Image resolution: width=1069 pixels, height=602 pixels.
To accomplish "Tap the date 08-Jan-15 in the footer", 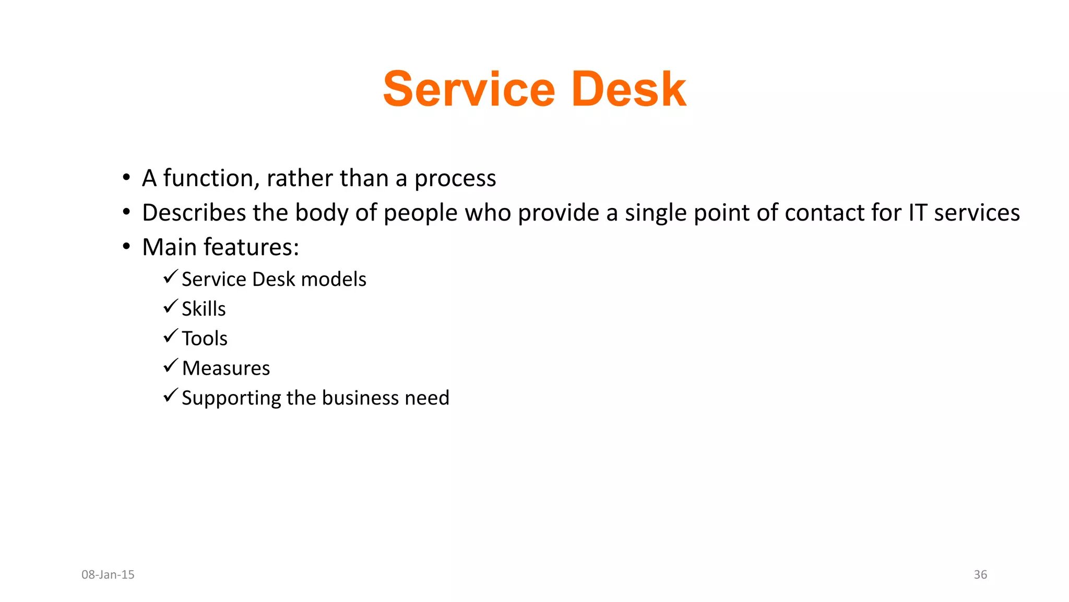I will (x=108, y=575).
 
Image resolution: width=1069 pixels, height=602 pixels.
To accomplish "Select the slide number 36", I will (x=980, y=575).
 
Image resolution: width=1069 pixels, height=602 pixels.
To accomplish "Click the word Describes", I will (x=194, y=213).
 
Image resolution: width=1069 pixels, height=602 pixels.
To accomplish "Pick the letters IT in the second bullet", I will (x=918, y=213).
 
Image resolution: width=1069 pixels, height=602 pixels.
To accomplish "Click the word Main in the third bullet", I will (x=169, y=247).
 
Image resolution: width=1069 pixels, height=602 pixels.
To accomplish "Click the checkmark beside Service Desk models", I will (x=171, y=276).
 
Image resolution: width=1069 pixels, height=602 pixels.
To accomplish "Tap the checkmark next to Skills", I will (x=171, y=306).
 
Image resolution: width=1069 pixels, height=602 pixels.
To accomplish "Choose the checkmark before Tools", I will (x=171, y=335).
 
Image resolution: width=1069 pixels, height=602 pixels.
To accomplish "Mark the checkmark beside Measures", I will (x=171, y=365).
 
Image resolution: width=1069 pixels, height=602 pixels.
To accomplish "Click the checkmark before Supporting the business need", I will (x=171, y=395).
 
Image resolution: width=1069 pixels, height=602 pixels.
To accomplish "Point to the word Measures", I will (x=226, y=368).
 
